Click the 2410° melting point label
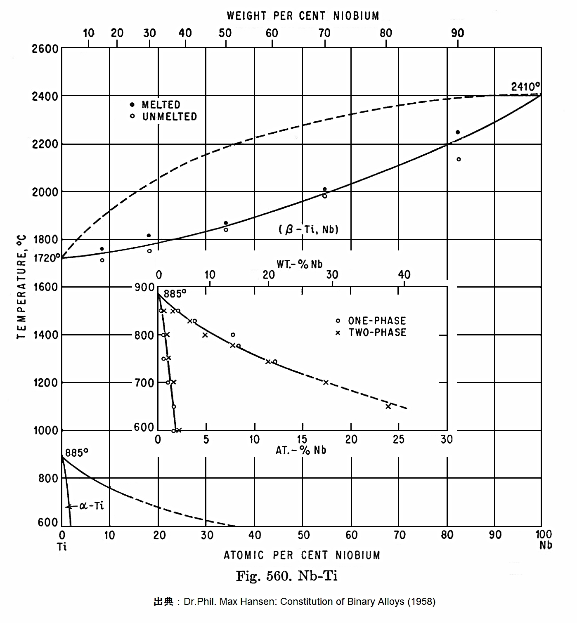coord(525,87)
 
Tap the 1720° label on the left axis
coord(46,258)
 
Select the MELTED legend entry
coord(161,104)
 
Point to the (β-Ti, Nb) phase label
coord(308,229)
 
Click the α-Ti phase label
coord(91,506)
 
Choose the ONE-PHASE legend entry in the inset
coord(376,321)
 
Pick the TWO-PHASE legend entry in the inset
coord(377,332)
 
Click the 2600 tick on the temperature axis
coord(45,49)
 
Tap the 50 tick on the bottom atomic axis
coord(303,536)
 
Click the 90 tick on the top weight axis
coord(457,33)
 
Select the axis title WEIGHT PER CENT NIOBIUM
coord(303,16)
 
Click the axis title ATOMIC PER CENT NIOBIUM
coord(302,555)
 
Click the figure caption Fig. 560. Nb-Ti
coord(286,576)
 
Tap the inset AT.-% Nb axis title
coord(301,450)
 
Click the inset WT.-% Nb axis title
coord(299,264)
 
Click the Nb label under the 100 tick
coord(545,545)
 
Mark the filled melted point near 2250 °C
coord(457,132)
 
